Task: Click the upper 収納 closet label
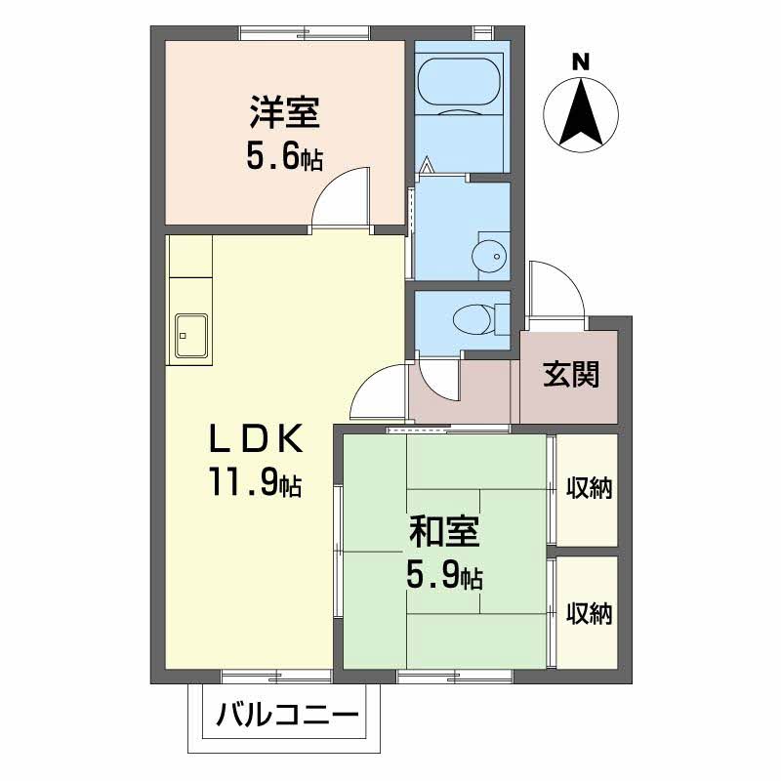coord(590,488)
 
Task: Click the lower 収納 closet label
coord(590,613)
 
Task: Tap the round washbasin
coord(487,256)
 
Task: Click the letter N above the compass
coord(582,62)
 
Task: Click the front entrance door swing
coord(554,289)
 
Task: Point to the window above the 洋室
coord(304,35)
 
